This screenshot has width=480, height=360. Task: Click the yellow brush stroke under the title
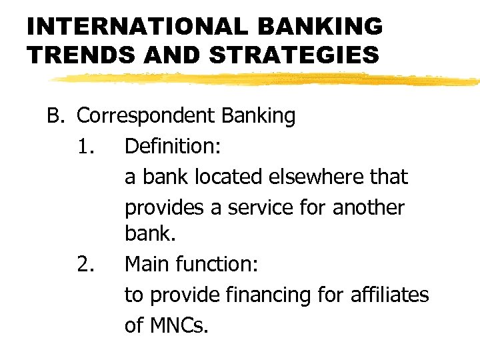click(267, 79)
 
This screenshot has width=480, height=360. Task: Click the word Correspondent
click(143, 116)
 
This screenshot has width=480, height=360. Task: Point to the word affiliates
click(391, 295)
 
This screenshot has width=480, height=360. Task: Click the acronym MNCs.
click(181, 325)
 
